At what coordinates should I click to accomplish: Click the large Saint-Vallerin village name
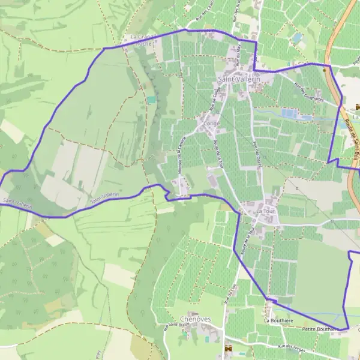click(239, 79)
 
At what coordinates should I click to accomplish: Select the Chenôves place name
click(196, 319)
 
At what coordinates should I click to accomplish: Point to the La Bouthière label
click(278, 321)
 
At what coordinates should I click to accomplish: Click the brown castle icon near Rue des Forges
click(227, 348)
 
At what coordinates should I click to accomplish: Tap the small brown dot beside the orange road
click(325, 70)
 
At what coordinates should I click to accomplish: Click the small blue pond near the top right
click(297, 38)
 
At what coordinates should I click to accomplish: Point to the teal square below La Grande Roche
click(151, 100)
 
